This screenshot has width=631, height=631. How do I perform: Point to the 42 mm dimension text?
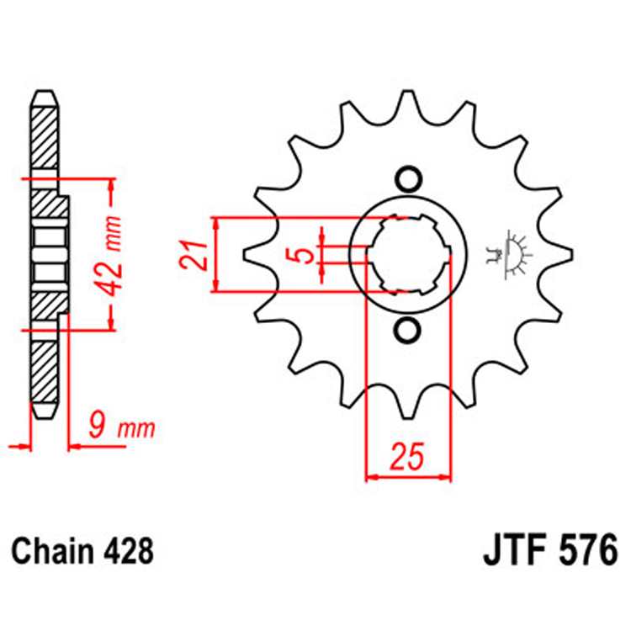pyautogui.click(x=111, y=253)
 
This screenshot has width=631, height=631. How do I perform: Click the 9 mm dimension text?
pyautogui.click(x=124, y=429)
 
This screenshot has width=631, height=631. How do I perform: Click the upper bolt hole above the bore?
pyautogui.click(x=408, y=179)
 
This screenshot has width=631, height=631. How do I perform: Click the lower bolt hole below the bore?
pyautogui.click(x=408, y=331)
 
